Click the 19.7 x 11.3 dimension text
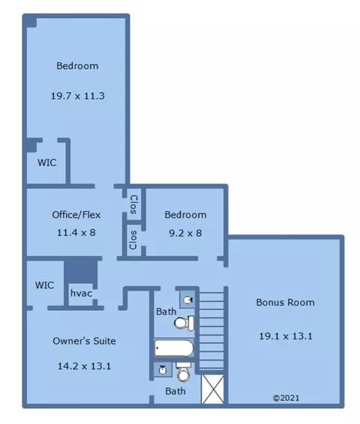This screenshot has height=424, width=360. [x=78, y=96]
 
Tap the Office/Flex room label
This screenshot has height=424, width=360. [x=76, y=215]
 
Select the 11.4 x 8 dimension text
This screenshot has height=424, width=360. [x=76, y=232]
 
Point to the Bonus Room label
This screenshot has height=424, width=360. [x=285, y=303]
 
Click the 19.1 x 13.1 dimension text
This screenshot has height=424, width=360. [x=286, y=336]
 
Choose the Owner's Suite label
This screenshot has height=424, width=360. [x=84, y=341]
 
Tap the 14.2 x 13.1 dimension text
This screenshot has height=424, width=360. [x=84, y=366]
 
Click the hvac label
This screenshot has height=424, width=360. [x=81, y=293]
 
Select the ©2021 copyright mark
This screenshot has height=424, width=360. [x=286, y=398]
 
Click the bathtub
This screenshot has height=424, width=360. [x=174, y=348]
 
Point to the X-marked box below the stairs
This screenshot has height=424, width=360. [x=213, y=389]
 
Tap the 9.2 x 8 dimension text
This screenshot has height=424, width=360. [x=185, y=233]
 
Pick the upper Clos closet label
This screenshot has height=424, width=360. [x=133, y=205]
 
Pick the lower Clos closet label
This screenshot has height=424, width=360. [x=133, y=240]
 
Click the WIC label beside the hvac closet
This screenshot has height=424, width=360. [x=44, y=285]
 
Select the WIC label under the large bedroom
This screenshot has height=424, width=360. [x=46, y=163]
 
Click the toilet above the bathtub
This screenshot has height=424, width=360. [x=184, y=323]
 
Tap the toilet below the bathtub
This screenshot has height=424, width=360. [x=184, y=372]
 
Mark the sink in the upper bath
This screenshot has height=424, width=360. [x=187, y=300]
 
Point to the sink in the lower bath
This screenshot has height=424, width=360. [x=163, y=370]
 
